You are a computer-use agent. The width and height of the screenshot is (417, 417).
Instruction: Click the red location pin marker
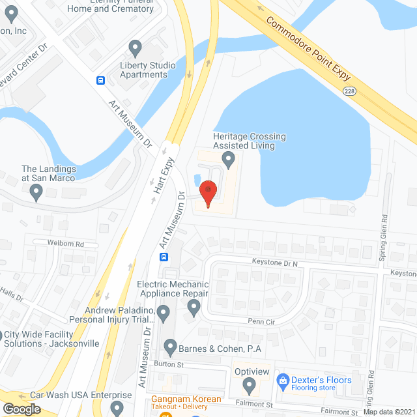click(207, 193)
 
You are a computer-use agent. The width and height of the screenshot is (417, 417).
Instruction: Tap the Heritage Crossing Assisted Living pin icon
click(228, 158)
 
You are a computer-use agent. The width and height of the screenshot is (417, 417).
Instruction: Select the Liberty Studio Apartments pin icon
click(136, 48)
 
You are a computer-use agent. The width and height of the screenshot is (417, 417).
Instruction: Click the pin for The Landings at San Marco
click(36, 191)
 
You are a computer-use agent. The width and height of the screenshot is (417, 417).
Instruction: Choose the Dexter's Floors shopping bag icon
click(283, 380)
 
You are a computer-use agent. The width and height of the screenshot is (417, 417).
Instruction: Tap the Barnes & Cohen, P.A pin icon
click(170, 346)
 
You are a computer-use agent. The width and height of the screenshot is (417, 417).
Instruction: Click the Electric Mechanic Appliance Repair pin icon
click(193, 309)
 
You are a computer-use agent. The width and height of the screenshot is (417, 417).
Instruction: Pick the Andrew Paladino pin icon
click(163, 314)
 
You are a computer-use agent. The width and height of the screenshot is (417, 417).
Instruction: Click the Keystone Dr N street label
click(274, 262)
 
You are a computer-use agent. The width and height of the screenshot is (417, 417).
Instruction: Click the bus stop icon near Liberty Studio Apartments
click(102, 80)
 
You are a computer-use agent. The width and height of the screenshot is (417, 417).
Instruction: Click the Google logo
click(22, 409)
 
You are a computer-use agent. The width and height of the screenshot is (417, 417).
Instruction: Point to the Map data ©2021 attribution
click(388, 412)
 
